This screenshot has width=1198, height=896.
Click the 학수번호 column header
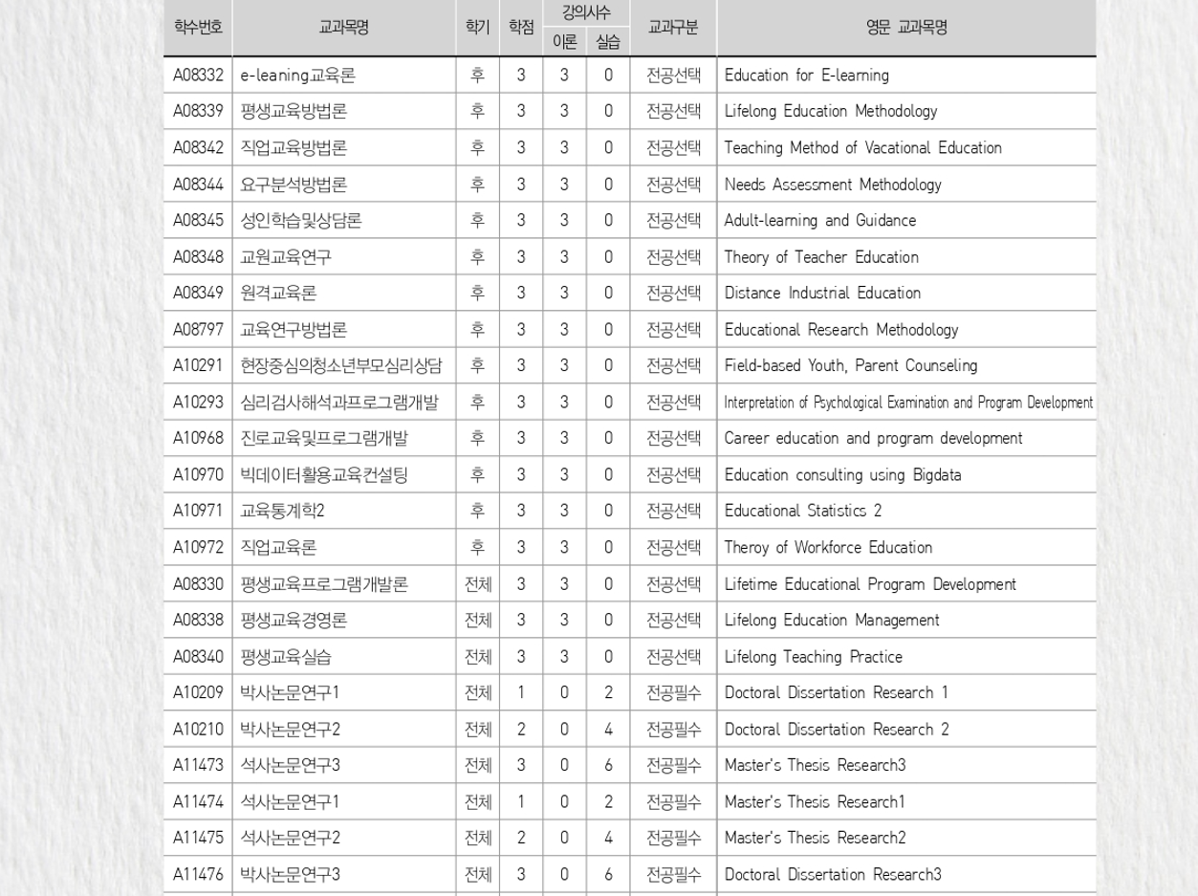click(198, 28)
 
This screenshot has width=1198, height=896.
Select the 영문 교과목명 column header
click(905, 28)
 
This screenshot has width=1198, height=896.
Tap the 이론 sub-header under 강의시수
click(564, 42)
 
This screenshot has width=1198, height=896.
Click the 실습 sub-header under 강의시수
click(608, 42)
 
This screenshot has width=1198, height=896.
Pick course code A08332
click(198, 76)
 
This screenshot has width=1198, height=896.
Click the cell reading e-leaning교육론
click(297, 76)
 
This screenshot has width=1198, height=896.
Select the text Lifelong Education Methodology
click(830, 112)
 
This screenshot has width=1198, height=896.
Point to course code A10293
click(198, 403)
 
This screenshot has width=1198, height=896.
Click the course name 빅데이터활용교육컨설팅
click(324, 475)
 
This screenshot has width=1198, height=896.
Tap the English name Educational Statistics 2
click(803, 512)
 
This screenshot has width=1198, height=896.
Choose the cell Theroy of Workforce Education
click(828, 548)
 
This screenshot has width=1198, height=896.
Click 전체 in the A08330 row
click(478, 584)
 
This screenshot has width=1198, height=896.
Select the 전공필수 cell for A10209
click(673, 693)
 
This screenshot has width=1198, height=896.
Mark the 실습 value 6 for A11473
click(608, 766)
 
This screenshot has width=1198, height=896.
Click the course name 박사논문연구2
click(290, 730)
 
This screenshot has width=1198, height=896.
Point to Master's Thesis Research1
click(814, 802)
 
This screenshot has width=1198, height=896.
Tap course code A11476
click(198, 875)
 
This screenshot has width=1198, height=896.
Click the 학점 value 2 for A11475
click(521, 839)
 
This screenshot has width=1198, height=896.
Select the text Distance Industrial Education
click(822, 294)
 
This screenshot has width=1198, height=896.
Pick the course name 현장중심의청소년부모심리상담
click(341, 366)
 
